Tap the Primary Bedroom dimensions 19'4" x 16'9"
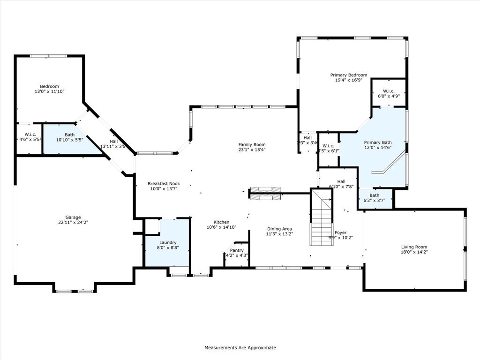(x=348, y=80)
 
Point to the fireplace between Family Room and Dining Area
(x=265, y=193)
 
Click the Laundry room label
(x=167, y=242)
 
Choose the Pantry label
(x=236, y=250)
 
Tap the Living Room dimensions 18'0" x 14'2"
(x=414, y=252)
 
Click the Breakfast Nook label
(x=164, y=184)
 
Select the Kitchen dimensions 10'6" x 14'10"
(x=221, y=227)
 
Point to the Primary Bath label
(x=378, y=142)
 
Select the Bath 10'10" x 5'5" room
(x=66, y=138)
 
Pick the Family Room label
(x=252, y=145)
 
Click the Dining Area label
(x=279, y=229)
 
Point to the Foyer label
(x=340, y=232)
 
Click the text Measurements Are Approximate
(x=240, y=348)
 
